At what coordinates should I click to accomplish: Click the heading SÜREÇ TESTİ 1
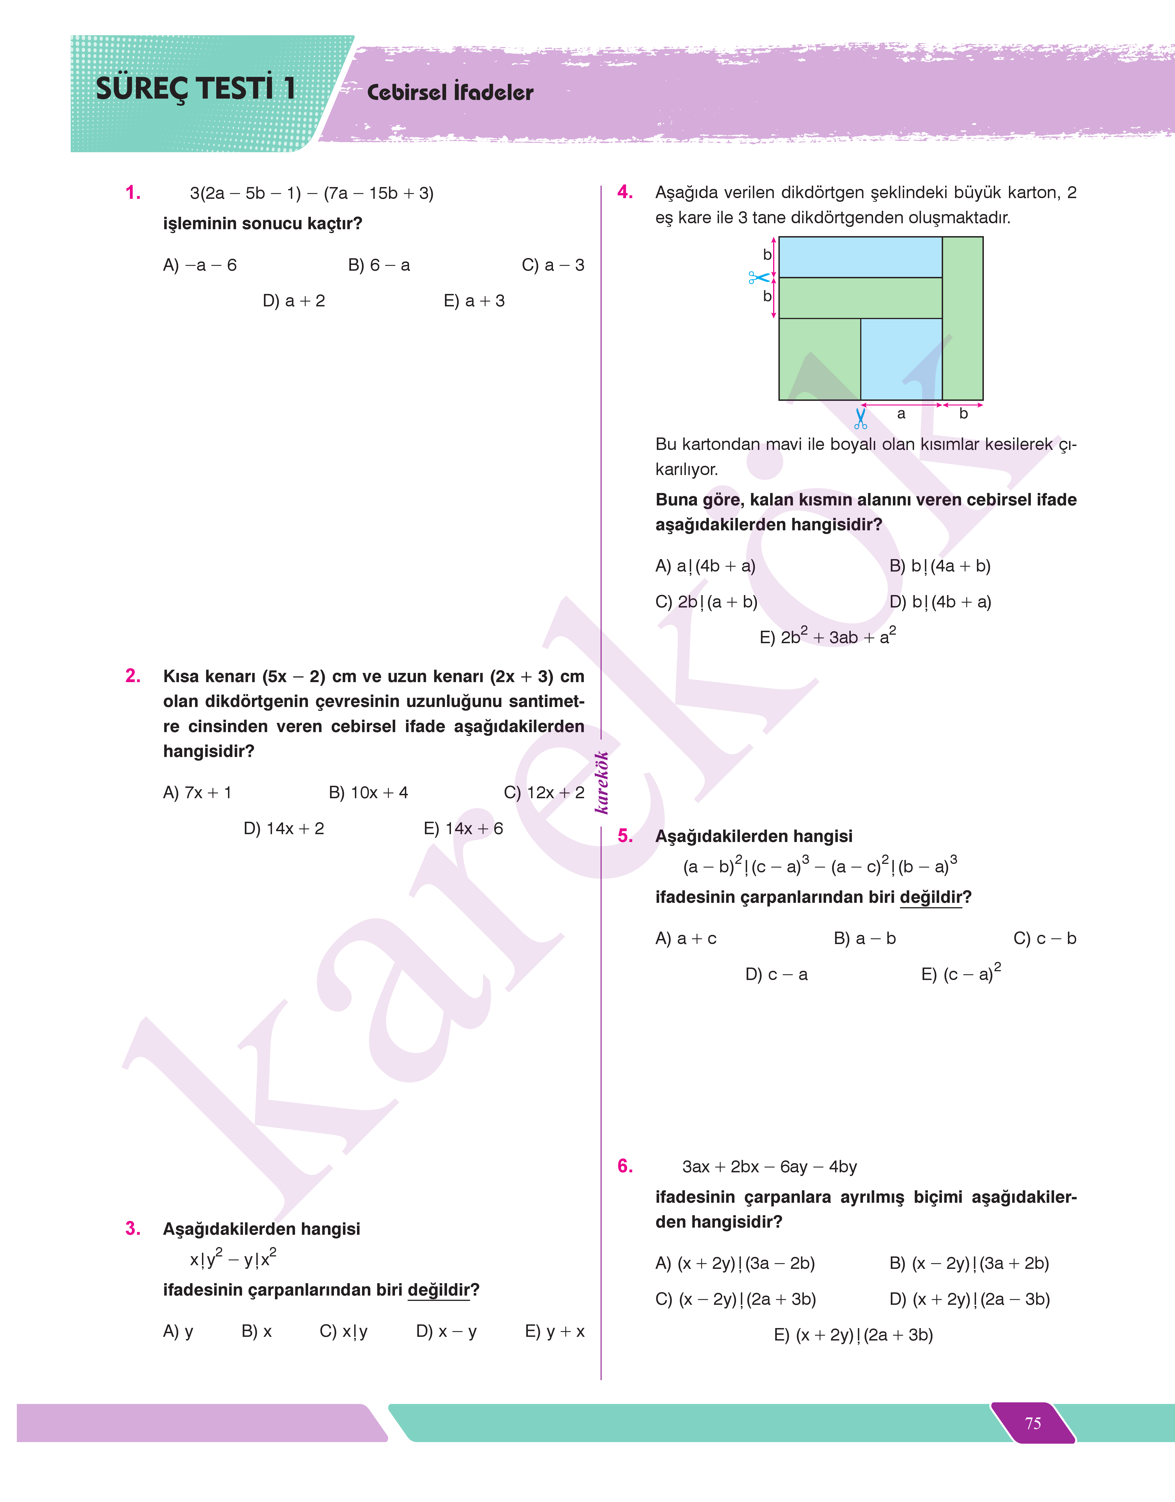[196, 89]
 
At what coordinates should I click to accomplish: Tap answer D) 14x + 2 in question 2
[284, 828]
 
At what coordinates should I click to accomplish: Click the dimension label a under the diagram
[901, 414]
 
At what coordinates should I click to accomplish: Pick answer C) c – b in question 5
[1044, 939]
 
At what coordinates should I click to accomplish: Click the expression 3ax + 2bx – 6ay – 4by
[769, 1167]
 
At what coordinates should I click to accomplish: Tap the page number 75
[1033, 1423]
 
